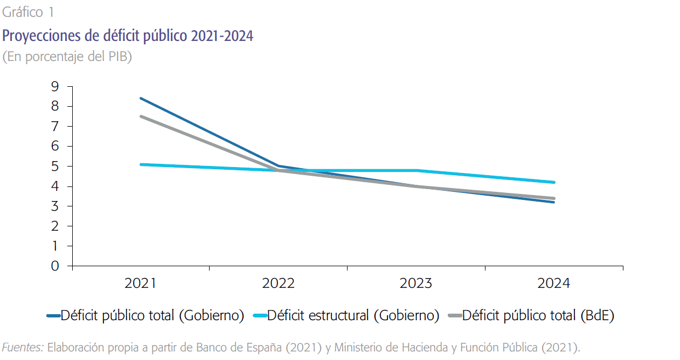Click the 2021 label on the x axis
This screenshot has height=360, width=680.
pyautogui.click(x=140, y=283)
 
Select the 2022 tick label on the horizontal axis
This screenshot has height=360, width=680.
pyautogui.click(x=278, y=283)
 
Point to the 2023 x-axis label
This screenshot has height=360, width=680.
pyautogui.click(x=416, y=283)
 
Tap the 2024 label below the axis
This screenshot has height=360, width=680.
pyautogui.click(x=553, y=283)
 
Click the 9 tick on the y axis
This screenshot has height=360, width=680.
pyautogui.click(x=55, y=86)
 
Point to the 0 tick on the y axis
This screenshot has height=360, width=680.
pyautogui.click(x=55, y=266)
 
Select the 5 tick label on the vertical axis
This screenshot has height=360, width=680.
pyautogui.click(x=55, y=166)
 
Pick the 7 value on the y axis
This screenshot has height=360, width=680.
pyautogui.click(x=55, y=126)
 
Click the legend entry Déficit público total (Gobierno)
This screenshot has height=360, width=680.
pyautogui.click(x=152, y=315)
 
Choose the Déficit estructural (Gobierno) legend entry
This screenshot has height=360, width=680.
pyautogui.click(x=353, y=315)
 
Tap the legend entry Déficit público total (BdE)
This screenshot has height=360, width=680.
pyautogui.click(x=538, y=315)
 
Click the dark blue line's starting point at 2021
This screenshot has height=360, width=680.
pyautogui.click(x=141, y=98)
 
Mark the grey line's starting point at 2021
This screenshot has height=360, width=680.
pyautogui.click(x=141, y=116)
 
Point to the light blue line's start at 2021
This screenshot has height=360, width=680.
pyautogui.click(x=141, y=164)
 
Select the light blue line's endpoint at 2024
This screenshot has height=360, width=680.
pyautogui.click(x=554, y=182)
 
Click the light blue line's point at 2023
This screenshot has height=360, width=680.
pyautogui.click(x=417, y=170)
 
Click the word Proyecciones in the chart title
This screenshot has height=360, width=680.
pyautogui.click(x=38, y=36)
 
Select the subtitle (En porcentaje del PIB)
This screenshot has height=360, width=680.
pyautogui.click(x=67, y=57)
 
